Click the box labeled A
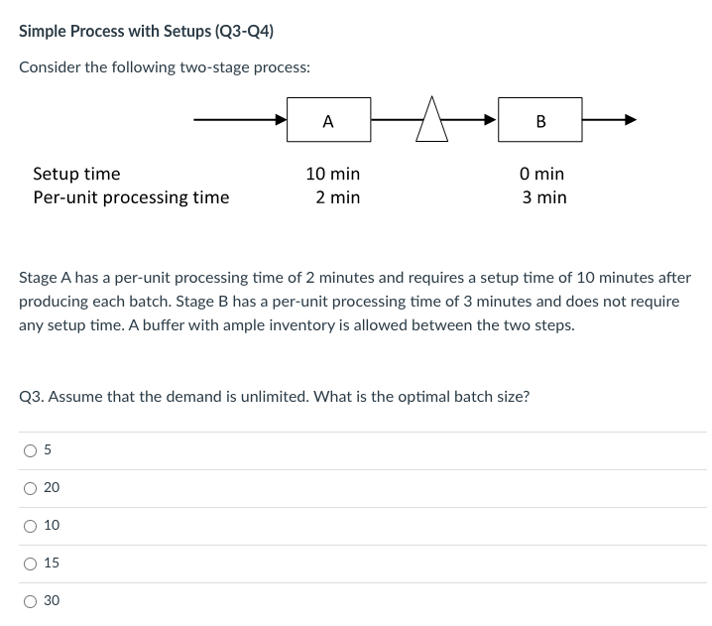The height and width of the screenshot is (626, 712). pos(328,121)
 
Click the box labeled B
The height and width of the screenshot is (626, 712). pos(539,121)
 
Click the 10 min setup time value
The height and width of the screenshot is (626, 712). pos(332,174)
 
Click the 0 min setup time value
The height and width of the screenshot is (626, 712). pos(542,174)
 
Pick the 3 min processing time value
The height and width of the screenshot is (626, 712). pos(544,197)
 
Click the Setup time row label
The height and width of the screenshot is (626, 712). pos(76,174)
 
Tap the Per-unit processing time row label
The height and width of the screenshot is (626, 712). pos(131,197)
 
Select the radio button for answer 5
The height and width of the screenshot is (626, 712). pos(30,450)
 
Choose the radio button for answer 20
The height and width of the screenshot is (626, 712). pos(30,487)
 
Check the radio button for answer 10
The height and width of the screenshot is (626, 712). pos(30,525)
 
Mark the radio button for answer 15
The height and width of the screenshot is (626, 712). pos(30,563)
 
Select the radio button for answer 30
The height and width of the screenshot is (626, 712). pos(30,600)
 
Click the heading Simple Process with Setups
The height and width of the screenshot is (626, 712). pos(146,31)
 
